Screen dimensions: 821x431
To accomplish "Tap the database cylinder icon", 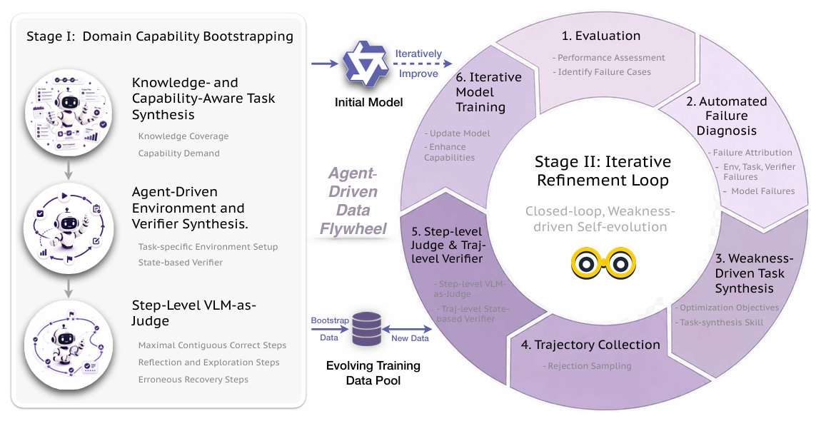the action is (366, 329).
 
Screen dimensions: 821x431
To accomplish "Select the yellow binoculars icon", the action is (603, 263).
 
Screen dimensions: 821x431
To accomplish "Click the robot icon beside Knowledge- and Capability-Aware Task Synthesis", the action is (69, 113).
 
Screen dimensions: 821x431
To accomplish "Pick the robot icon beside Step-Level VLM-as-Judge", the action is (69, 345).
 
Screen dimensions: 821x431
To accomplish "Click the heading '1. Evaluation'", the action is (601, 36).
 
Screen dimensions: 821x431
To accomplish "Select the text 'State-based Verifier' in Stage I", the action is (181, 263).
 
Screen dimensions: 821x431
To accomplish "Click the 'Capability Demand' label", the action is (179, 153).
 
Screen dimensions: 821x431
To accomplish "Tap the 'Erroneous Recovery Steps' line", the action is (193, 380).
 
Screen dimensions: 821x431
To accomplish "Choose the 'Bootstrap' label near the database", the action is (330, 320).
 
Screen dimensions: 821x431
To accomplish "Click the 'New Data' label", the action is (410, 338).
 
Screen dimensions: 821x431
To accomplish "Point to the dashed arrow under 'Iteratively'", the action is (423, 64).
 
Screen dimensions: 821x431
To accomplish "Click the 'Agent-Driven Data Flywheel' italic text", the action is (353, 201).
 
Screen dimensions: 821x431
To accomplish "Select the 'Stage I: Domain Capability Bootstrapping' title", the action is (160, 36).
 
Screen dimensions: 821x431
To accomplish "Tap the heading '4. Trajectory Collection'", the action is (590, 345).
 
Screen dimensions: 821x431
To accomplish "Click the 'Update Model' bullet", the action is (457, 133).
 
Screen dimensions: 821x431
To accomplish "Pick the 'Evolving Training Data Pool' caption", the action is (373, 373).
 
